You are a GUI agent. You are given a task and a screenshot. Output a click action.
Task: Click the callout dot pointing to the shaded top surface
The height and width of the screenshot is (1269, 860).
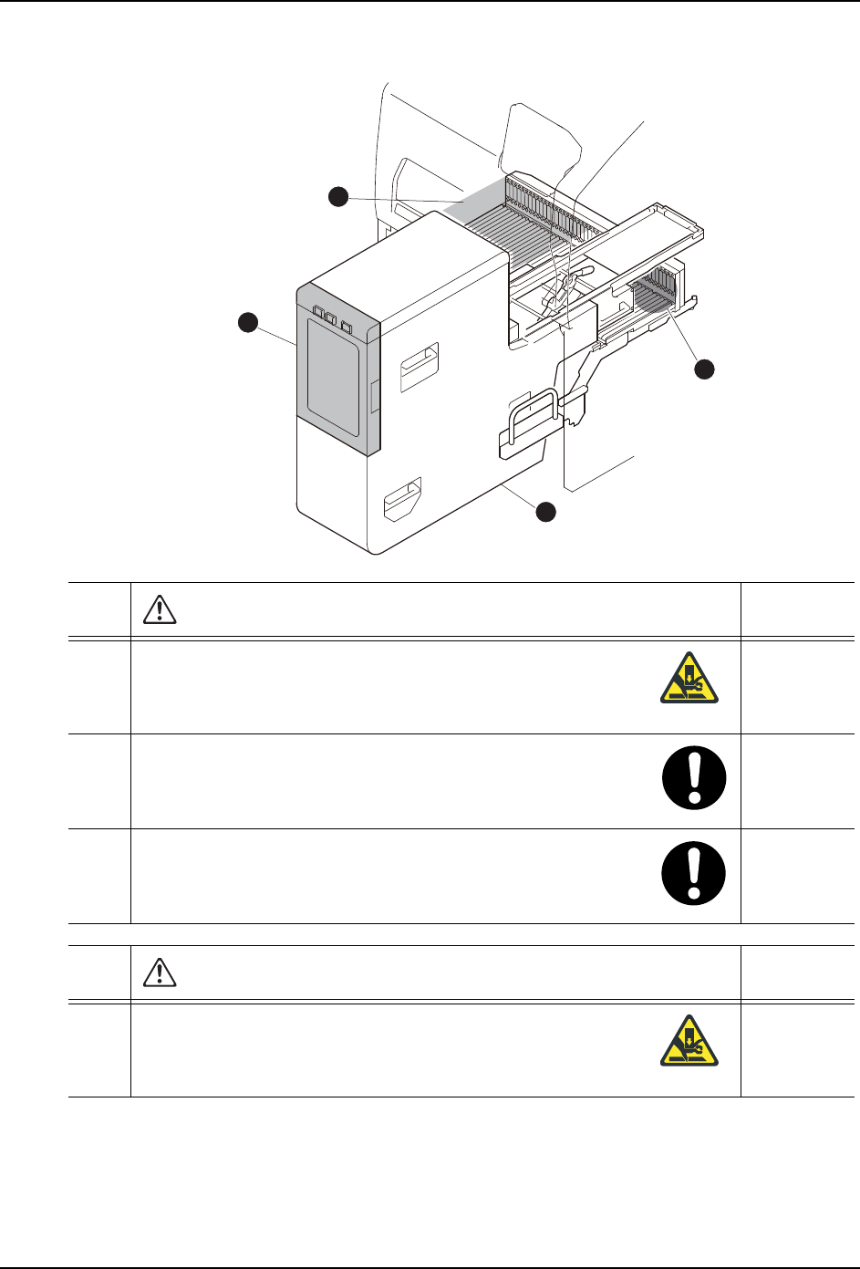click(338, 196)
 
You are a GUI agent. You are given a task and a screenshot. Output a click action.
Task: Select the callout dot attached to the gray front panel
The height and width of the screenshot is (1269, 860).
click(247, 322)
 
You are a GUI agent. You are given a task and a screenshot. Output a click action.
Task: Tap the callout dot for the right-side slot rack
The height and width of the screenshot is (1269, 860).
click(703, 369)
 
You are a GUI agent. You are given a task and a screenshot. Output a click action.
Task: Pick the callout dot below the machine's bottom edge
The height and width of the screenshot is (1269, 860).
click(544, 512)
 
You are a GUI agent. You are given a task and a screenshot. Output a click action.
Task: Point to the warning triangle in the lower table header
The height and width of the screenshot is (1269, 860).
click(160, 973)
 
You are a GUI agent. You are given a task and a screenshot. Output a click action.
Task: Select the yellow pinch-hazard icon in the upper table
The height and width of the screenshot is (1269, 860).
click(689, 678)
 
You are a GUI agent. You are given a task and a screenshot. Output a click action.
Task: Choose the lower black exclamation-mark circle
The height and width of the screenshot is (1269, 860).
click(694, 874)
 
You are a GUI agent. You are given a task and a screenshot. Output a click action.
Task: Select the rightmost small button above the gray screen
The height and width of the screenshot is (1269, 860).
click(347, 324)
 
